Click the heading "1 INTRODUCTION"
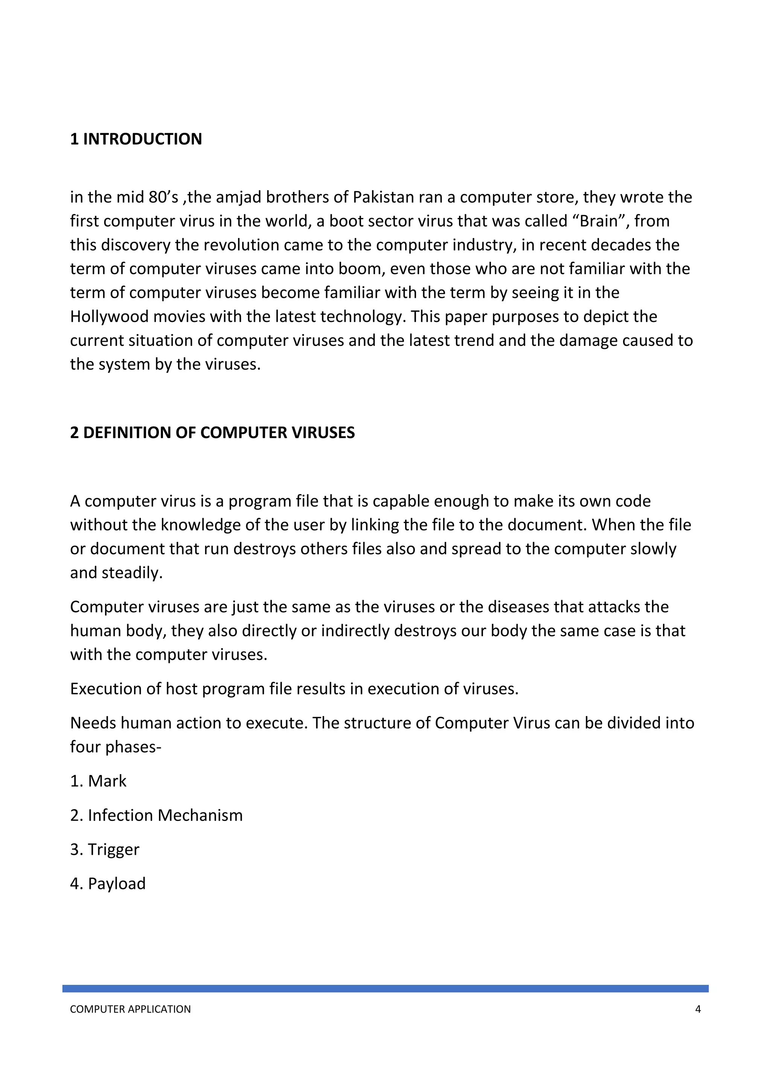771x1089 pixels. pos(136,139)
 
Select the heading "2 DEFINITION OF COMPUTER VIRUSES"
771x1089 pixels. pos(212,432)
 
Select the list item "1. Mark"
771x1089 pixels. pos(98,781)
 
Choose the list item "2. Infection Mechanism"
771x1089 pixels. pos(156,815)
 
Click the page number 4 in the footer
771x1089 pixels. pos(698,1009)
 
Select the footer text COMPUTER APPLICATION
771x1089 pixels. pos(130,1009)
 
